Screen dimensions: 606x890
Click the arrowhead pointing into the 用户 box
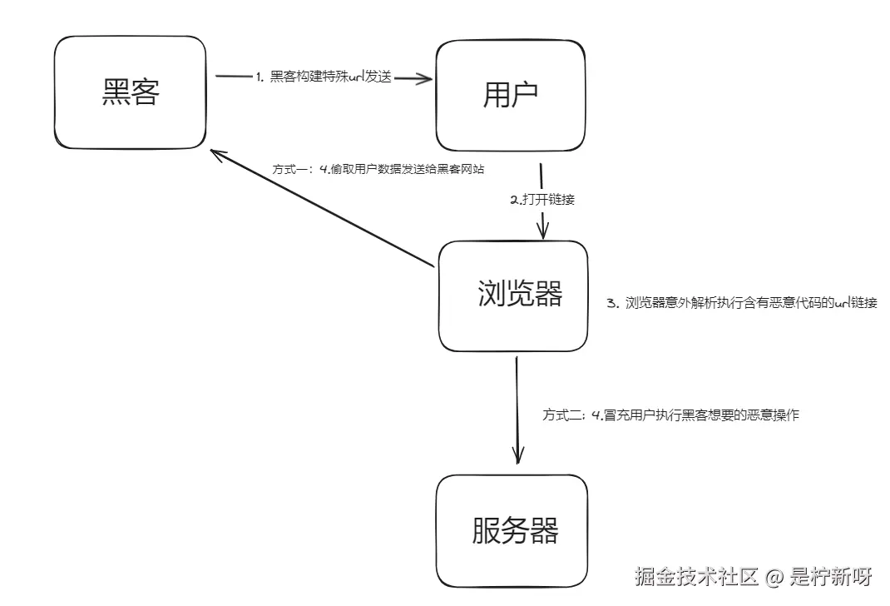pos(426,79)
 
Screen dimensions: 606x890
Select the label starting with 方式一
pos(378,169)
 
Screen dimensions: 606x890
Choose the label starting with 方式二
pos(670,415)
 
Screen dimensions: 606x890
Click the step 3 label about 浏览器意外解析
pos(741,303)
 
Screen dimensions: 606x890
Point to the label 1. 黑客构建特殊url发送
pos(324,77)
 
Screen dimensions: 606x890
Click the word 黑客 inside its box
pos(131,92)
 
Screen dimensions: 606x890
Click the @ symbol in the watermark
pos(774,576)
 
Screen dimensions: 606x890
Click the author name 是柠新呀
pos(831,576)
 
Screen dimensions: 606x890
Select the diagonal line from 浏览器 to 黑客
pos(324,209)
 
